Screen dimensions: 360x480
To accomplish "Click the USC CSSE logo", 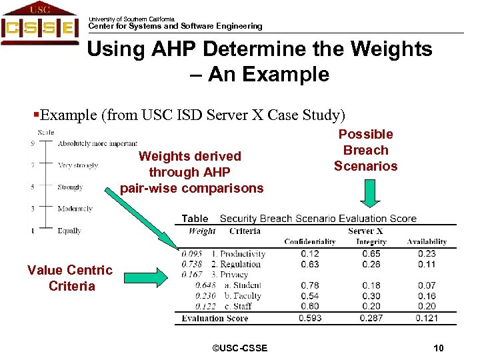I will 39,24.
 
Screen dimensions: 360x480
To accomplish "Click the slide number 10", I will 438,348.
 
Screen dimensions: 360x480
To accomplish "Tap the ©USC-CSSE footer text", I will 239,348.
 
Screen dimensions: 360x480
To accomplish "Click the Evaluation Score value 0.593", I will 310,318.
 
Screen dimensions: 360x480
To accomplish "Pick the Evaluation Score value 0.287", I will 371,318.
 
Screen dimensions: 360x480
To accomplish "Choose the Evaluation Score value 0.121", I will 427,318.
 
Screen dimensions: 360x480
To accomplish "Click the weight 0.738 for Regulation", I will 192,264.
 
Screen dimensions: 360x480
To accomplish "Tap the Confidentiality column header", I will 309,242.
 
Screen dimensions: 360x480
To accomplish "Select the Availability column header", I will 427,242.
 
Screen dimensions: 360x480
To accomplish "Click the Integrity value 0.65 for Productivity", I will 371,253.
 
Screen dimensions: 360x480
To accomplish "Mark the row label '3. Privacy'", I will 229,275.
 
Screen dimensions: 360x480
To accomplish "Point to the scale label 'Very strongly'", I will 78,165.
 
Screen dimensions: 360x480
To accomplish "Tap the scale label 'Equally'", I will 69,231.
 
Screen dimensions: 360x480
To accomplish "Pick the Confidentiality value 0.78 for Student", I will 310,285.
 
